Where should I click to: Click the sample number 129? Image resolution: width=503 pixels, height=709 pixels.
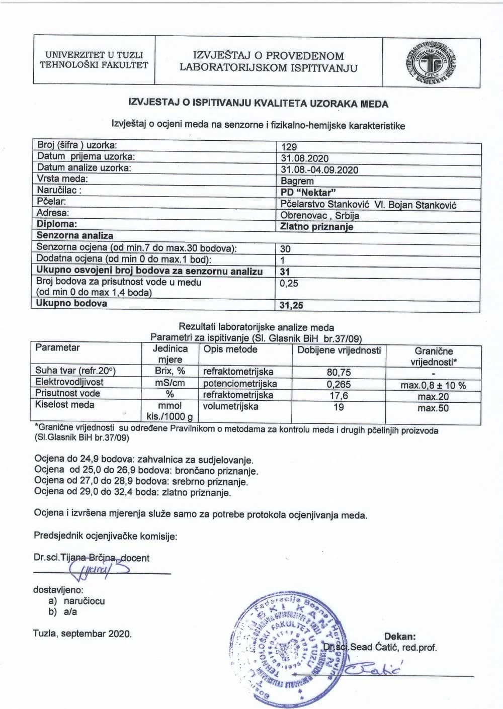click(289, 147)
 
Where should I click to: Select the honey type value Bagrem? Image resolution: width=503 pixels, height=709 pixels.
click(297, 181)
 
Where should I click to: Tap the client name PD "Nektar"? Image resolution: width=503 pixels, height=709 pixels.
click(308, 192)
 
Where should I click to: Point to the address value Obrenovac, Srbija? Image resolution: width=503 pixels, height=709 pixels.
click(320, 215)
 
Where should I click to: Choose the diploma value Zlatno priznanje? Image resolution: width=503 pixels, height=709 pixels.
click(317, 226)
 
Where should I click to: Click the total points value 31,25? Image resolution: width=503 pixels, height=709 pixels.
click(291, 305)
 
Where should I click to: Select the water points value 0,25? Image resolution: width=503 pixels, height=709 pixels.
click(289, 283)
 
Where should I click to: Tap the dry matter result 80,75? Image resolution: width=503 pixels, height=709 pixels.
click(339, 372)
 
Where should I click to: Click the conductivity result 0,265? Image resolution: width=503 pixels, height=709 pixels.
click(339, 384)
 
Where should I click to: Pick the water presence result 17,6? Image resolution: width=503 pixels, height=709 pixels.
click(339, 396)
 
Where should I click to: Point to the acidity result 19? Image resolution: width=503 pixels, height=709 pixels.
click(339, 407)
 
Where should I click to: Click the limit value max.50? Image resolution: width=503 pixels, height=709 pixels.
click(433, 408)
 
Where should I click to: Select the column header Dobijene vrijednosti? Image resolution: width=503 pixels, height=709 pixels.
click(339, 350)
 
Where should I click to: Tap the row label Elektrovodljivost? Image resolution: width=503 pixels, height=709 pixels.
click(69, 382)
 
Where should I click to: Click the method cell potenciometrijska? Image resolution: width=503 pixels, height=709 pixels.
click(240, 384)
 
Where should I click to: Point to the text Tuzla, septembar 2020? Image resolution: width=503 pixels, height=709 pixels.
click(82, 634)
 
